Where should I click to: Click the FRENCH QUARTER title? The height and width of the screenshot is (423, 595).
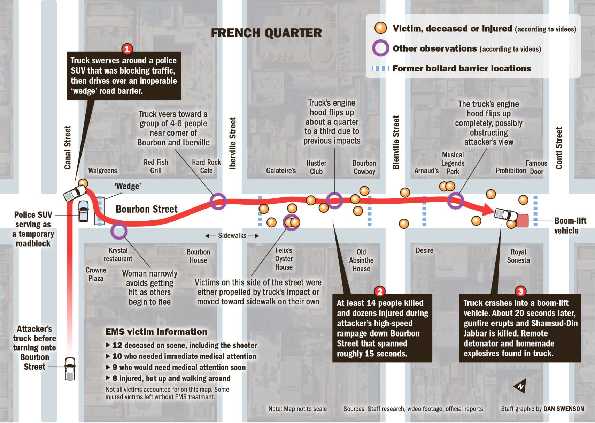tap(266, 33)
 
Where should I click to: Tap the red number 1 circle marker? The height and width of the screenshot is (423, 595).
tap(127, 49)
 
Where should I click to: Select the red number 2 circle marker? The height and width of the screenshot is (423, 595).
tap(380, 291)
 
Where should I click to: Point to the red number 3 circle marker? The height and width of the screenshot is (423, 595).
tap(520, 291)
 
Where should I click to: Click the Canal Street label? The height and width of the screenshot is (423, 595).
tap(68, 148)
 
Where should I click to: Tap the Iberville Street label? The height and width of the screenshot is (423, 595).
tap(233, 143)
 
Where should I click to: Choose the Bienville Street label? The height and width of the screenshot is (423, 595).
tap(396, 142)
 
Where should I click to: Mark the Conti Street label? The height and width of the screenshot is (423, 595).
tap(559, 148)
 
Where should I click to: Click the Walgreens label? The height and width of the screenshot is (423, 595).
tap(102, 171)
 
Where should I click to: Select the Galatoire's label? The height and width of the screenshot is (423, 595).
tap(281, 171)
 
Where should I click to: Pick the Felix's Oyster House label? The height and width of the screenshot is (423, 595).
tap(284, 259)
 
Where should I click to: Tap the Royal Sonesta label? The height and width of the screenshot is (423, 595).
tap(518, 256)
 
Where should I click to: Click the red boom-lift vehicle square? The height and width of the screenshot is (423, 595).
tap(522, 221)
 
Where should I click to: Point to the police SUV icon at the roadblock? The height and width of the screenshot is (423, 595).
tap(83, 211)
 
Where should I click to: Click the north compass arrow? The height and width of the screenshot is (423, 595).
tap(520, 386)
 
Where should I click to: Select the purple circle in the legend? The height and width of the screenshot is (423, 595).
tap(380, 48)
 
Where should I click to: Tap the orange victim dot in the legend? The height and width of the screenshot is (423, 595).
tap(380, 28)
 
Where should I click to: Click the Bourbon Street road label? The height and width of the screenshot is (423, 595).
tap(147, 209)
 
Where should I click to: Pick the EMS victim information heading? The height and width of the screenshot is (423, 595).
tap(156, 332)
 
